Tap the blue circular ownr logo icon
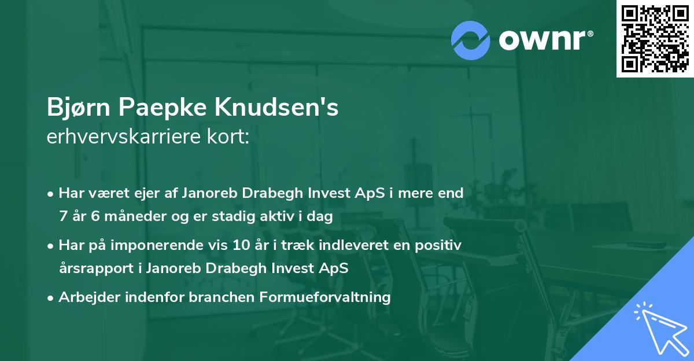(x=471, y=40)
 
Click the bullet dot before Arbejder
(x=51, y=298)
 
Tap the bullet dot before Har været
(x=51, y=194)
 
